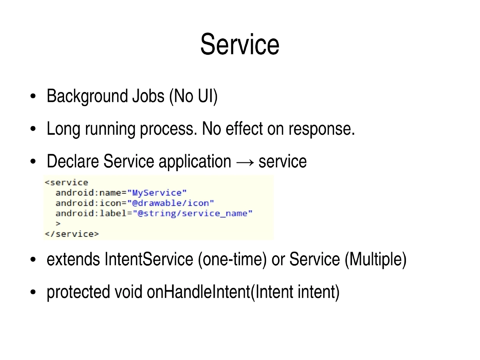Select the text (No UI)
193,97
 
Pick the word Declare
73,162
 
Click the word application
195,162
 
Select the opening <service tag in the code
66,182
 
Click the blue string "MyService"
159,193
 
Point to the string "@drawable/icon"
173,203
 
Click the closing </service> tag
71,234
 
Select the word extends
73,260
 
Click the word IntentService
148,260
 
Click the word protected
78,292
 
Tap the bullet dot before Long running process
34,130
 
